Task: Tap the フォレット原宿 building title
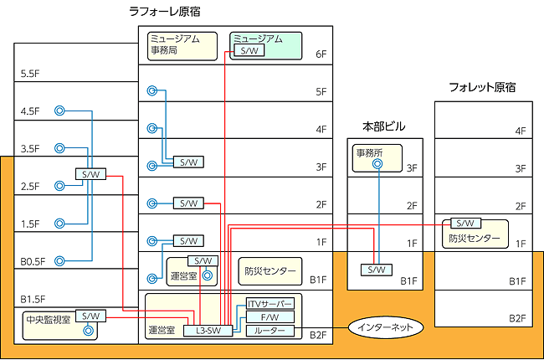click(481, 87)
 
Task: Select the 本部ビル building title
click(383, 126)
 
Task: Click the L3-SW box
click(208, 331)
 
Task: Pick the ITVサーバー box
click(269, 303)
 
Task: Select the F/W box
click(269, 317)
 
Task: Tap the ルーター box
click(269, 331)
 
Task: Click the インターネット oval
click(385, 325)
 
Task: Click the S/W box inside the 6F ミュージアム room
click(249, 51)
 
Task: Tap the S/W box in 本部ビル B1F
click(377, 270)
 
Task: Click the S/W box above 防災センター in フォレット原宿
click(464, 224)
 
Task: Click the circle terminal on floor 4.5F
click(59, 111)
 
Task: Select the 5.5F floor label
click(31, 74)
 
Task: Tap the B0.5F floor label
click(33, 261)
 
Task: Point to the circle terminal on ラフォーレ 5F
click(152, 91)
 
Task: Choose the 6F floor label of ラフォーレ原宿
click(321, 54)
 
